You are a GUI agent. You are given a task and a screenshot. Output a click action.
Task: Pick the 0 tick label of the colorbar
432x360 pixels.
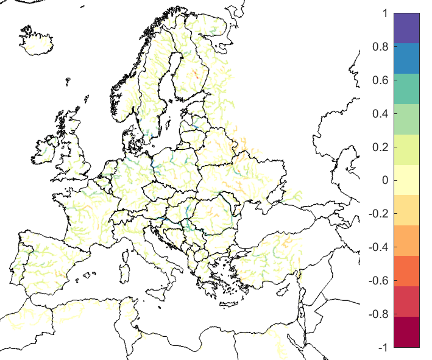[383, 180]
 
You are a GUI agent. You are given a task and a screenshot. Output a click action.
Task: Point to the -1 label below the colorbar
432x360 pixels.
[381, 347]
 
